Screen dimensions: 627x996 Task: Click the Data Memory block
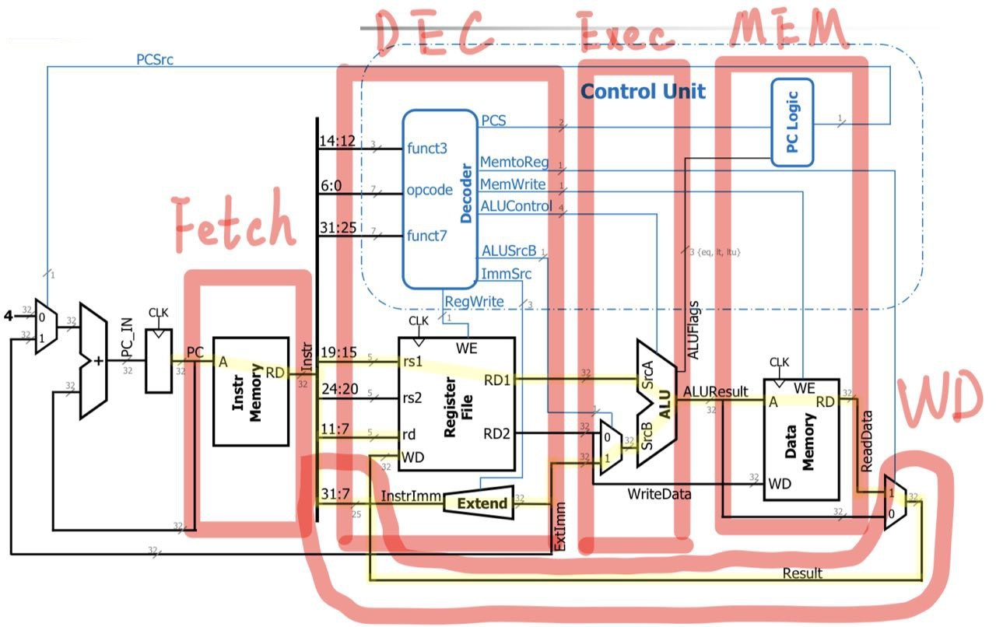[801, 440]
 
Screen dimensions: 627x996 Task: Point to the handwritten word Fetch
[233, 223]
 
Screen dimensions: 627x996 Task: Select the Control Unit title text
[643, 92]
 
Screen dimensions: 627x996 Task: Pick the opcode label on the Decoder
[430, 190]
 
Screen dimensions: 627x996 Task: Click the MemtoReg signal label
[514, 163]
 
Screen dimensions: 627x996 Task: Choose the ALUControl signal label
[517, 206]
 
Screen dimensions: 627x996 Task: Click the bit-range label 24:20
[338, 397]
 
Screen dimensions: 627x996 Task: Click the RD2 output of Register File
[496, 433]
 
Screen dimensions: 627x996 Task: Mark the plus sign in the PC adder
[99, 362]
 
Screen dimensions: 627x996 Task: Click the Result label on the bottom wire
[802, 573]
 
